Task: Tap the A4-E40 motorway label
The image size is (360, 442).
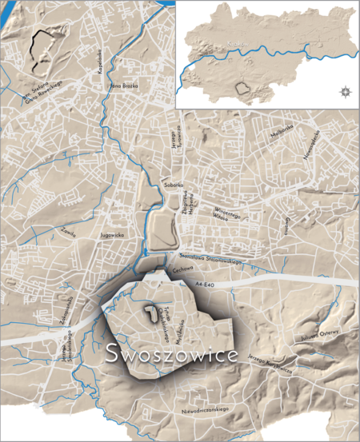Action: click(x=206, y=284)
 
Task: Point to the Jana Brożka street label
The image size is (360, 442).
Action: click(x=124, y=85)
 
